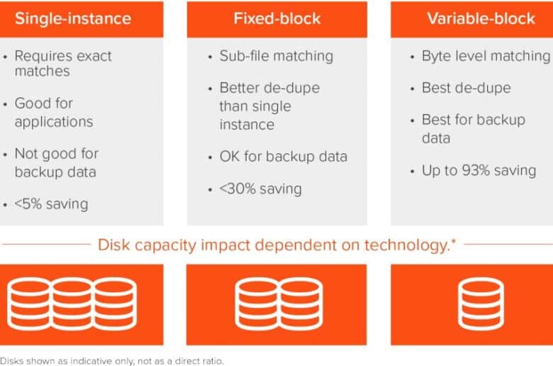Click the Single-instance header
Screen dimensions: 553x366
coord(73,18)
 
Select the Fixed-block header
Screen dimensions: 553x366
coord(277,18)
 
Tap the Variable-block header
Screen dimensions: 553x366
coord(481,18)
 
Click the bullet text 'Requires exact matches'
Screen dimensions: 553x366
coord(63,64)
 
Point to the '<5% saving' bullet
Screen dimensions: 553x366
coord(52,204)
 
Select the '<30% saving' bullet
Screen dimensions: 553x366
coord(261,189)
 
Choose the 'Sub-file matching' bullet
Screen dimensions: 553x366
coord(276,56)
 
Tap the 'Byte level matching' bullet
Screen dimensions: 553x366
coord(486,56)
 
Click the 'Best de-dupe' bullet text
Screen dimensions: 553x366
coord(467,88)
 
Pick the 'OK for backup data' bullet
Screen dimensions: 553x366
coord(283,157)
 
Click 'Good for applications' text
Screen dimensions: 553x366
coord(54,113)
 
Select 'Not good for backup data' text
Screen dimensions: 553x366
coord(57,163)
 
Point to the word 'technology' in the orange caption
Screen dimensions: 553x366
coord(406,245)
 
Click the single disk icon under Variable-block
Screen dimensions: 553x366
coord(481,304)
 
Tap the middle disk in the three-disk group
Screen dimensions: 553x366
coord(72,304)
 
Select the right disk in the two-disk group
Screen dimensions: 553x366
coord(301,304)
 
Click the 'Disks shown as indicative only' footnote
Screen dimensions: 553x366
coord(112,361)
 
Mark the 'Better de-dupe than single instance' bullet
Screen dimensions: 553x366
coord(270,106)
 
